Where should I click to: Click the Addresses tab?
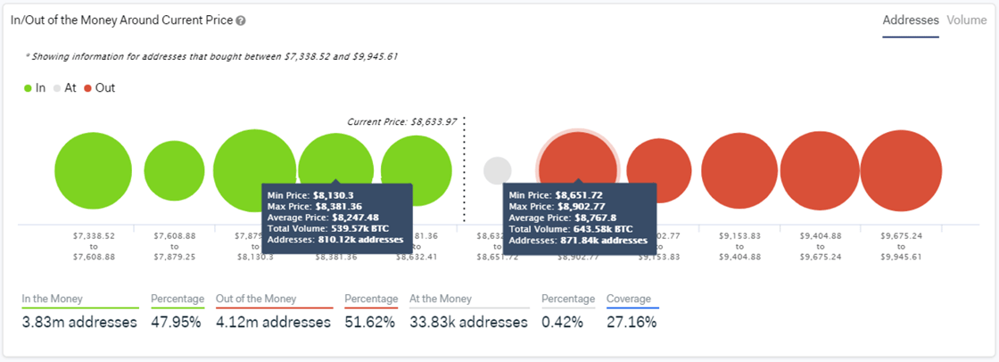point(911,20)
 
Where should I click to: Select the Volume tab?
point(967,20)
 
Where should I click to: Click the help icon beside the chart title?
point(242,21)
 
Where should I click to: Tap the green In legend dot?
point(28,88)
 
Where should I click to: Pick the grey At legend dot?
point(58,88)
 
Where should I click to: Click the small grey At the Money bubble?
point(497,170)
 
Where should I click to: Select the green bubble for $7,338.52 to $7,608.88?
point(93,171)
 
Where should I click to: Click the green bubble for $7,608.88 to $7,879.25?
point(174,171)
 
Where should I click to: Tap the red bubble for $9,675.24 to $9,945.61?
point(901,171)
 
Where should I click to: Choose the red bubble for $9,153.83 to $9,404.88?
point(739,171)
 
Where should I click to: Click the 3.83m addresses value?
point(79,322)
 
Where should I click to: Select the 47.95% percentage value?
point(176,322)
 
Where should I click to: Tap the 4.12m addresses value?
point(273,322)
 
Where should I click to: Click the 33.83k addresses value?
point(468,322)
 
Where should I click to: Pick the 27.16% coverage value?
point(632,322)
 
